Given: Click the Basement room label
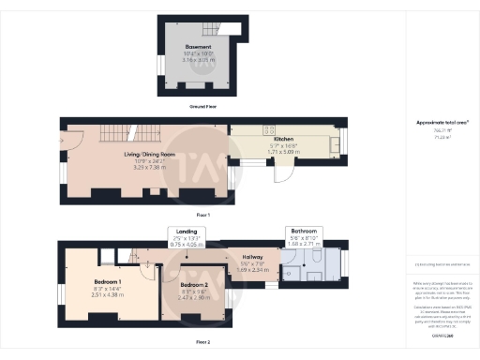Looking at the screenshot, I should pos(197,46).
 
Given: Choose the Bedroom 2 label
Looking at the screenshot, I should pos(194,284).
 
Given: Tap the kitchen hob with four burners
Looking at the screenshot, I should pos(268,128).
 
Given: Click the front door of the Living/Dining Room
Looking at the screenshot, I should pos(68,142).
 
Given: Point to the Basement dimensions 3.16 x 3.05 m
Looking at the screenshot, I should pos(197,60).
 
